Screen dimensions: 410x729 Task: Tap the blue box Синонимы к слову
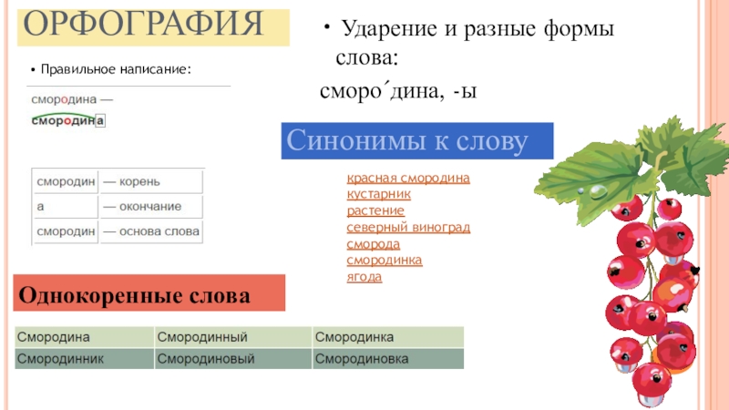pos(416,141)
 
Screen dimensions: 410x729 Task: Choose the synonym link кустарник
pos(379,194)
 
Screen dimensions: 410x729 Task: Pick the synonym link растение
pos(375,210)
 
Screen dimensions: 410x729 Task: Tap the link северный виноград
pos(408,227)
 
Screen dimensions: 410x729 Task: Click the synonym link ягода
pos(364,276)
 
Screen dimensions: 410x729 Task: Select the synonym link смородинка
pos(385,260)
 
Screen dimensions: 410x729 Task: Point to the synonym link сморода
pos(374,243)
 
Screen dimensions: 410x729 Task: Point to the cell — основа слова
pos(150,232)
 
